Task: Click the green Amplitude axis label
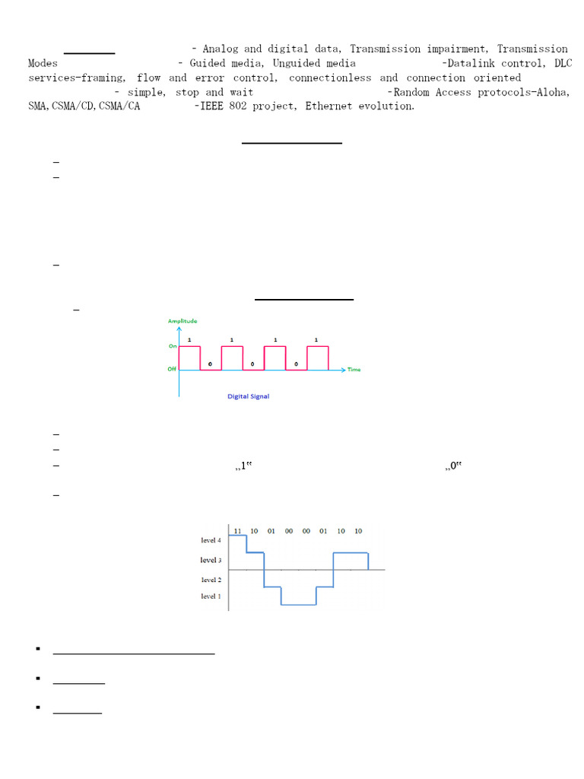(182, 321)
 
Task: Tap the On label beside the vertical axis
(173, 346)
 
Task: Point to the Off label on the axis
(172, 369)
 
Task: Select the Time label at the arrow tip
(354, 370)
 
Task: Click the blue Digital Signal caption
(249, 396)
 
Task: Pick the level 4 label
(211, 540)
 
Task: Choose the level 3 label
(211, 560)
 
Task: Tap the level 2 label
(211, 580)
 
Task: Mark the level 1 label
(211, 596)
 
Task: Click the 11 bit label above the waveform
(237, 531)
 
